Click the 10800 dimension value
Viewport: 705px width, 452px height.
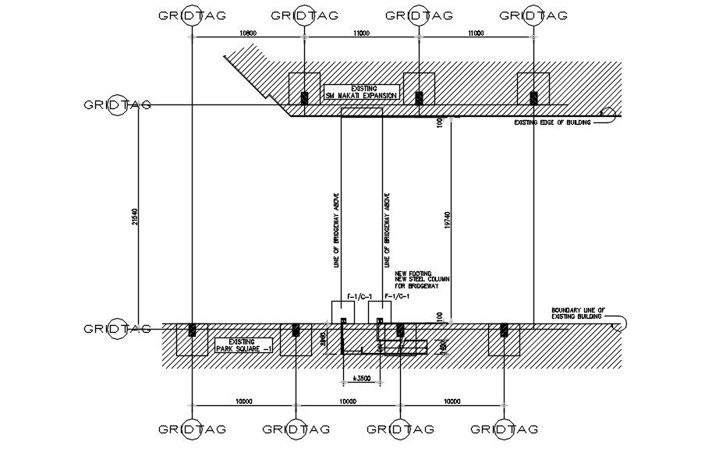pyautogui.click(x=248, y=33)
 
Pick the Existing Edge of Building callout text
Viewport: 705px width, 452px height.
pyautogui.click(x=552, y=122)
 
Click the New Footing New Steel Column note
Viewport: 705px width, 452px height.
pyautogui.click(x=423, y=281)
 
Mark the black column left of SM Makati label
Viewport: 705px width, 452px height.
pyautogui.click(x=304, y=97)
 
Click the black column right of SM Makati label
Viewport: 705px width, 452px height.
pyautogui.click(x=419, y=97)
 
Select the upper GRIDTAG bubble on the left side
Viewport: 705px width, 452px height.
pyautogui.click(x=117, y=105)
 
